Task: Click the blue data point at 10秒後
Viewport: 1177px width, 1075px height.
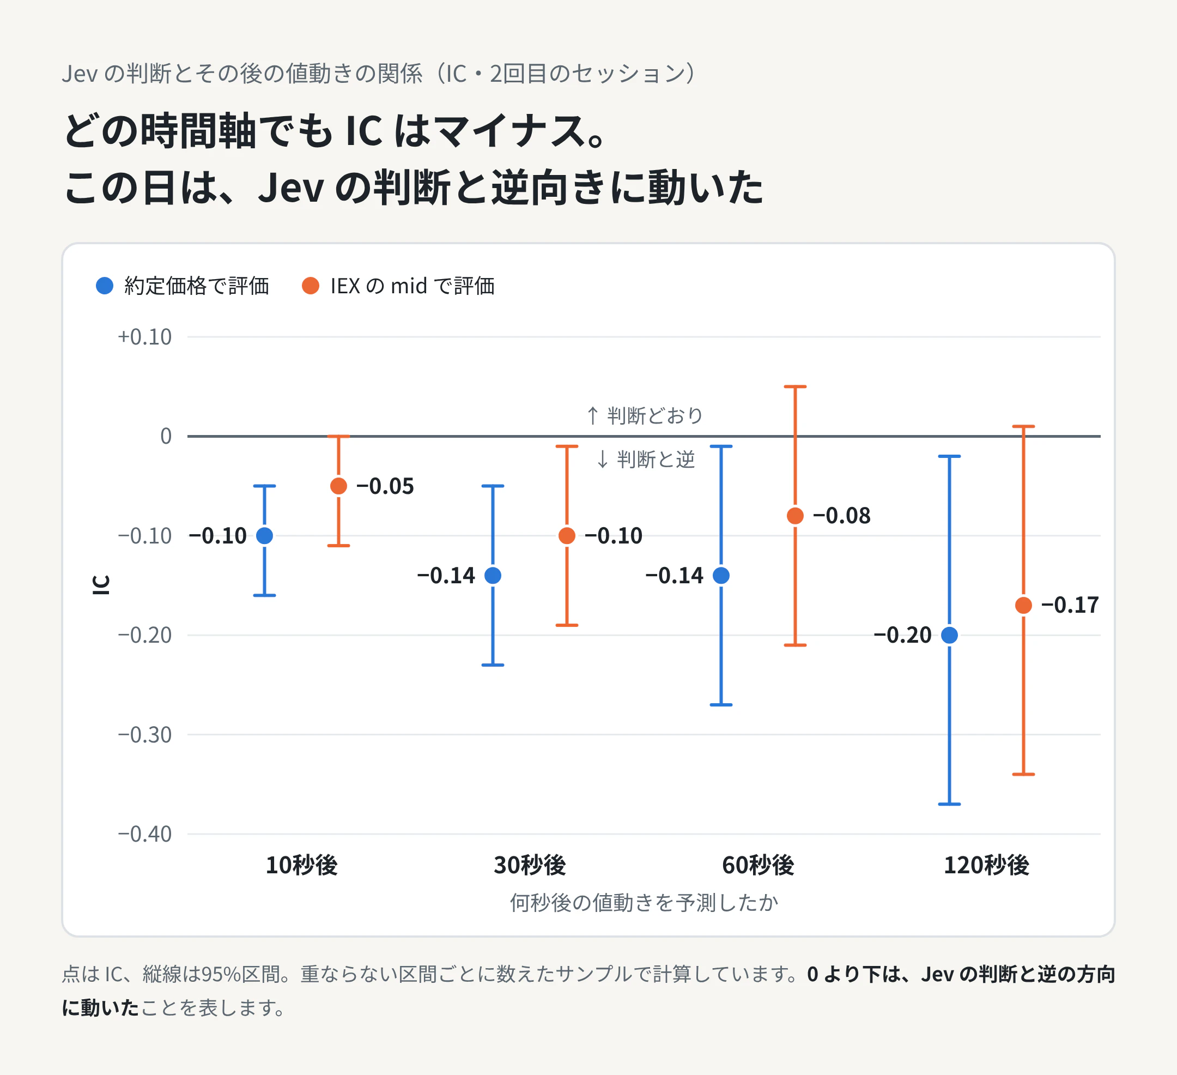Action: (264, 535)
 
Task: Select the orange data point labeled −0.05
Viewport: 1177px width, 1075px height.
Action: (338, 486)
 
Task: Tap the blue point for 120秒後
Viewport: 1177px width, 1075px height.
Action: (949, 635)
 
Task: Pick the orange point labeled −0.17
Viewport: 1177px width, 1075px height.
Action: (1023, 605)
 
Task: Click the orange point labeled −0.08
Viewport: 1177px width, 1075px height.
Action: (795, 516)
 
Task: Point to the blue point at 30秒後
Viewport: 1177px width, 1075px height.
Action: (493, 575)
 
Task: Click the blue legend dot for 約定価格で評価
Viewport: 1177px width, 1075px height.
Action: (105, 286)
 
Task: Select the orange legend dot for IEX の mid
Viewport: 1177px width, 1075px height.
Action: (311, 286)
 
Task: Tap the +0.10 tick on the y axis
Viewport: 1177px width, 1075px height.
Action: (145, 337)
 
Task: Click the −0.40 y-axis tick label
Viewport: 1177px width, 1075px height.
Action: (145, 834)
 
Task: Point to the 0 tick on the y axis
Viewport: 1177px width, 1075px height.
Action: (166, 436)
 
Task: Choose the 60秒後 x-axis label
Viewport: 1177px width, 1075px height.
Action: (759, 865)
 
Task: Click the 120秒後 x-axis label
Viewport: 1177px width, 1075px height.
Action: (987, 865)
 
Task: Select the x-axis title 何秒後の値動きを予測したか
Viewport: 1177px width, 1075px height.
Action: (644, 903)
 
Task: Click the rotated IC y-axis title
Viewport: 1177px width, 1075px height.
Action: (101, 585)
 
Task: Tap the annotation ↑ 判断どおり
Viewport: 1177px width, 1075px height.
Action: (644, 416)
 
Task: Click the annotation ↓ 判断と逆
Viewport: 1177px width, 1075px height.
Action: (645, 460)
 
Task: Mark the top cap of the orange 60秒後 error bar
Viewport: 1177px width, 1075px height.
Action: (795, 386)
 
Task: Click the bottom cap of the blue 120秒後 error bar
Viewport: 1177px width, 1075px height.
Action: (949, 804)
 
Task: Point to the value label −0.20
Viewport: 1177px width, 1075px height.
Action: (902, 635)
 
